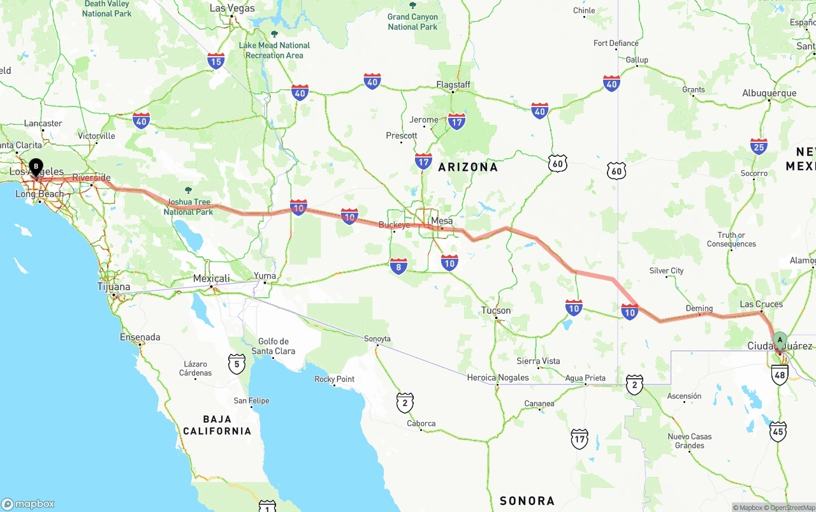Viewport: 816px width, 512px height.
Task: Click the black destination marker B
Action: (x=36, y=167)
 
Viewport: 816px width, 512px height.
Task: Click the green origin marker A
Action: (x=780, y=340)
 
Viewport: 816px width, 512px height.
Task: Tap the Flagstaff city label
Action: (x=453, y=85)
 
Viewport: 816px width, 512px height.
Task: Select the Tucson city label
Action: (x=496, y=311)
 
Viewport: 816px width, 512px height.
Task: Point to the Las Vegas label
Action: (x=232, y=8)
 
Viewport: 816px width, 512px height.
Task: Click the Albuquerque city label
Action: (x=769, y=93)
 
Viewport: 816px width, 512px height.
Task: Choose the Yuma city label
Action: (x=265, y=276)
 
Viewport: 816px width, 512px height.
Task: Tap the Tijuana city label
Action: (x=113, y=287)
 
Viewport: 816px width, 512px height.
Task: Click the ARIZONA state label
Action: (x=468, y=167)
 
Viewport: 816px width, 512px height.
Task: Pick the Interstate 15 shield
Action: (x=216, y=61)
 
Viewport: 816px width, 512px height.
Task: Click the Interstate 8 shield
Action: (x=399, y=267)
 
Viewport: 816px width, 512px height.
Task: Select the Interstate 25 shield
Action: (x=759, y=147)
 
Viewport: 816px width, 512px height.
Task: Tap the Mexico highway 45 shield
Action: (x=778, y=431)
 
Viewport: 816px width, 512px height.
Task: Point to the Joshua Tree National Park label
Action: (x=188, y=207)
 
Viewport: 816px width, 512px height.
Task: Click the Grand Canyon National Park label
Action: (x=412, y=22)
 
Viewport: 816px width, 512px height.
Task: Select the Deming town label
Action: (x=699, y=309)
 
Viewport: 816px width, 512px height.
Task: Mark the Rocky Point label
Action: (x=335, y=379)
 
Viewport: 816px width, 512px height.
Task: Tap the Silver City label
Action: (x=666, y=271)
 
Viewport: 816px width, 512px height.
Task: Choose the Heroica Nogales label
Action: (x=498, y=377)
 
